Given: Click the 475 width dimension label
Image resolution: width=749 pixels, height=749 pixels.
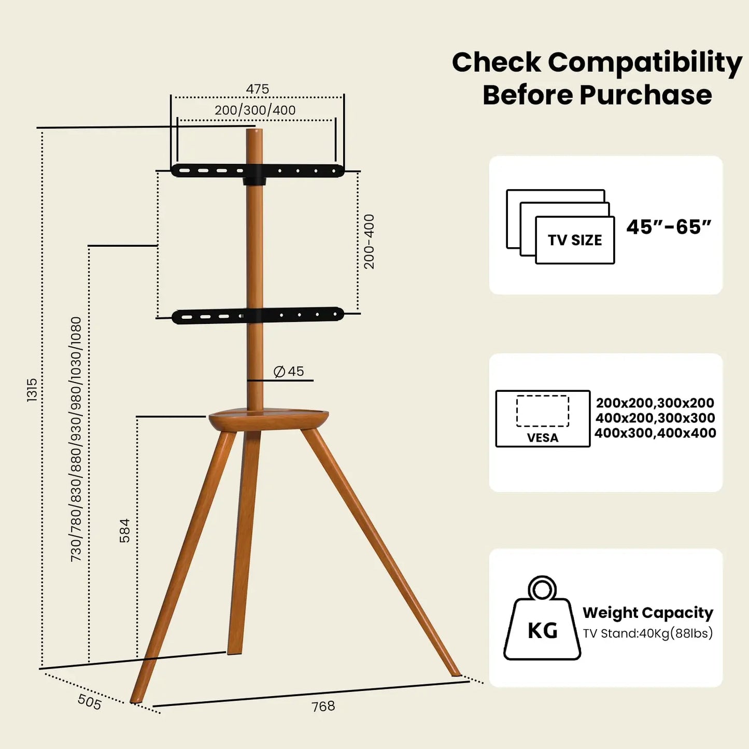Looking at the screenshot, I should (257, 89).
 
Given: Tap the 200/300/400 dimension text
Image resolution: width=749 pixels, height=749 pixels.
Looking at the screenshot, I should (255, 110).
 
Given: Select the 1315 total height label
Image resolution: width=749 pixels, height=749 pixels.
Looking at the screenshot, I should (32, 390).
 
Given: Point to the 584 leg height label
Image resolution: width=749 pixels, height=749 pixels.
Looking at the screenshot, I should (125, 530).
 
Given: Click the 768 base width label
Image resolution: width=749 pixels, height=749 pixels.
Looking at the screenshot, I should (323, 706).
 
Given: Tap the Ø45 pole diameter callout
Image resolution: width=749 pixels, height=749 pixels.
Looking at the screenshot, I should (289, 372).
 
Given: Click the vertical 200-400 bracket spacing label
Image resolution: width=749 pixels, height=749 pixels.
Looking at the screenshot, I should (369, 242).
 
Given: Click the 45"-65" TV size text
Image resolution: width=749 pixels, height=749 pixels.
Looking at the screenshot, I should (668, 227).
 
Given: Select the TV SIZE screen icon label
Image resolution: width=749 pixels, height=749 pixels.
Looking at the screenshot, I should (575, 241).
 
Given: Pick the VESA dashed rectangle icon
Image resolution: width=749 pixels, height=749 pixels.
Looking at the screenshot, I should (543, 412).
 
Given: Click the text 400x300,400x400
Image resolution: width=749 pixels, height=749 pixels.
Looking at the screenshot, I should (655, 433).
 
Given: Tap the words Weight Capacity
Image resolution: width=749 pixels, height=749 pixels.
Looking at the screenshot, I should (648, 613).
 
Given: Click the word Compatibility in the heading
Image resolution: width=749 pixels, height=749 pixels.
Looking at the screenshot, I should (645, 62).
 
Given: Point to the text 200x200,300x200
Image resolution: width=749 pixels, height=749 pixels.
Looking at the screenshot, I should (655, 403).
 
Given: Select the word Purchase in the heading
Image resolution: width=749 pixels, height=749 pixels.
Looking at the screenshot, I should (645, 95).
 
